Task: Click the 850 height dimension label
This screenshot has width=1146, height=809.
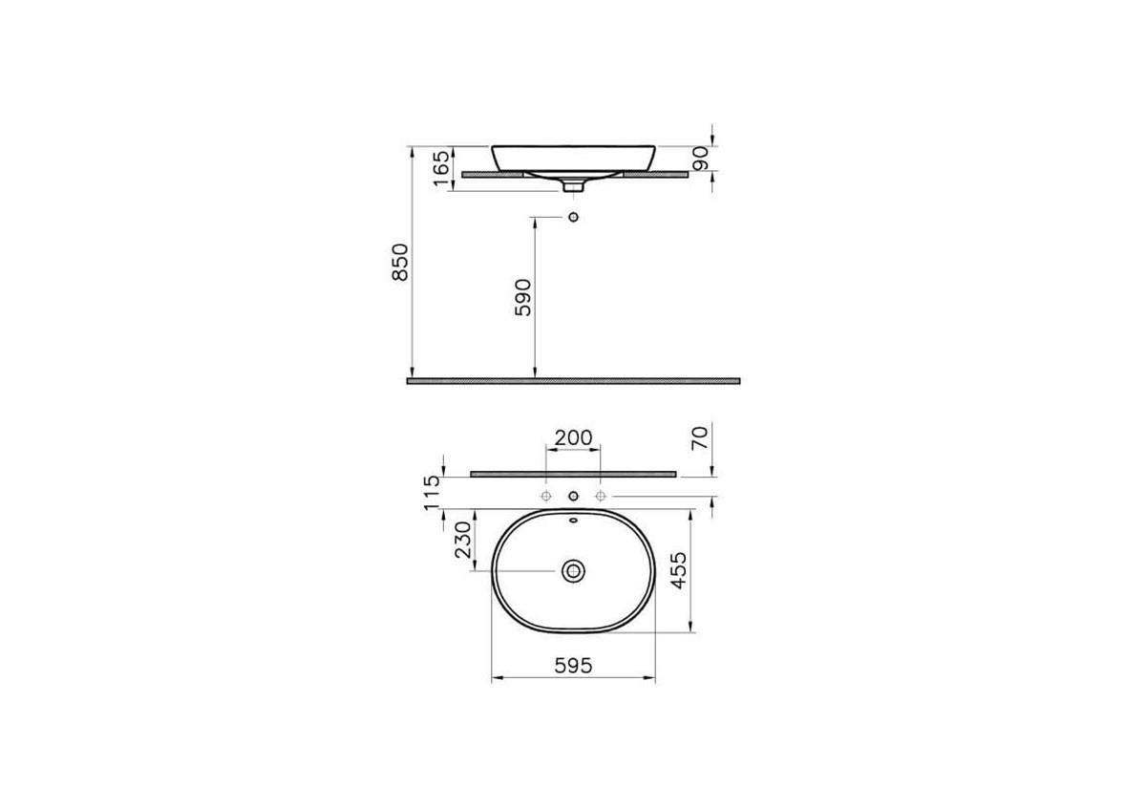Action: [x=401, y=262]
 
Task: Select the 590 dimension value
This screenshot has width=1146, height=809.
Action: [x=523, y=297]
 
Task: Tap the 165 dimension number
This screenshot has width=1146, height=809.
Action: [x=441, y=168]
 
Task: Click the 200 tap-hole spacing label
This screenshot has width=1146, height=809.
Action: [x=573, y=437]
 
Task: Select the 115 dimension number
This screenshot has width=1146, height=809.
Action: [x=433, y=493]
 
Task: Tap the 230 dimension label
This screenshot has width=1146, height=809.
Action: [x=463, y=540]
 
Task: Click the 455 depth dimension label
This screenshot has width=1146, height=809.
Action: [x=679, y=570]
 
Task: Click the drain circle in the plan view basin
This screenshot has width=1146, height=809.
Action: [x=573, y=571]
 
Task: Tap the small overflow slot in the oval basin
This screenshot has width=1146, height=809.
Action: [x=573, y=522]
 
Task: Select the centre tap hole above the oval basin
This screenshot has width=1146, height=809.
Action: [x=573, y=497]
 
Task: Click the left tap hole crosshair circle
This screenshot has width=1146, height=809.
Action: [x=545, y=497]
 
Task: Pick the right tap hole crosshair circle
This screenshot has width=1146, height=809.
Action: [x=601, y=497]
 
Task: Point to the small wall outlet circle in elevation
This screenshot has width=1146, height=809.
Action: [x=573, y=218]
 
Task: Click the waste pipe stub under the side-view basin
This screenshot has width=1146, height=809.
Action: [x=573, y=186]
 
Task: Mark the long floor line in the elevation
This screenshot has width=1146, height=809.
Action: [x=573, y=380]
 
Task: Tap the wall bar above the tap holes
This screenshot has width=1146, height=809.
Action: [x=573, y=474]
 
